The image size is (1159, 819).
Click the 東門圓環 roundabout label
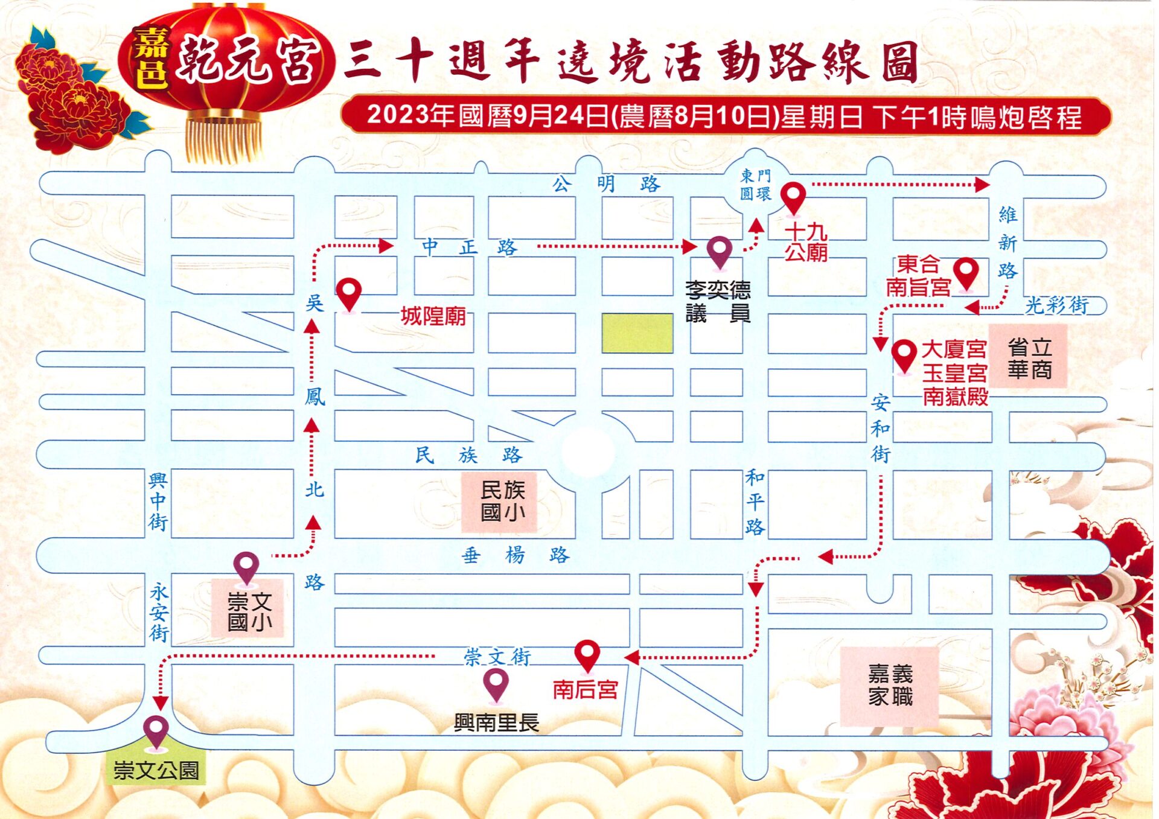coord(756,185)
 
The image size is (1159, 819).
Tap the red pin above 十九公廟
coord(793,197)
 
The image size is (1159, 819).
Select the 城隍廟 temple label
coord(433,316)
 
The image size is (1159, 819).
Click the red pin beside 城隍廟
coord(349,293)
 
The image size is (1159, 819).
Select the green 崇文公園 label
coord(156,770)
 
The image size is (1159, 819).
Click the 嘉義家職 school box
coord(890,686)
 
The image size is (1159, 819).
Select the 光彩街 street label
coord(1056,305)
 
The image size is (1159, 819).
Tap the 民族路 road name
coord(468,454)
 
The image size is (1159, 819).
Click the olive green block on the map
coord(637,333)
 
